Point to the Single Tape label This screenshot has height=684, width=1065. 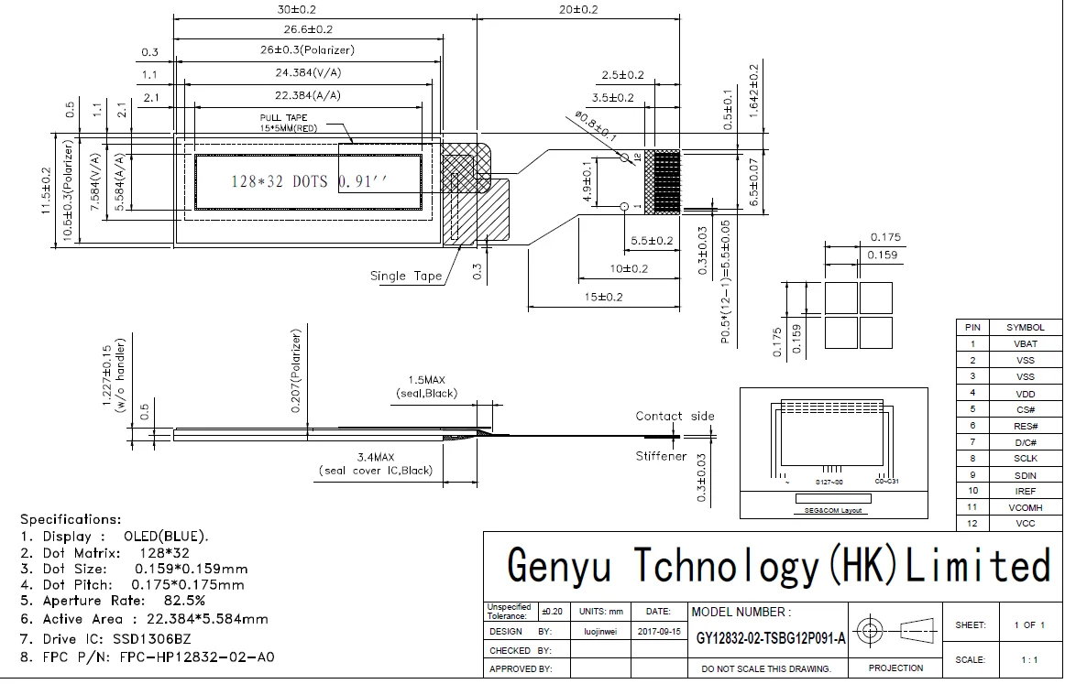pos(406,276)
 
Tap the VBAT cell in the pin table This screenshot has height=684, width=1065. pos(1026,343)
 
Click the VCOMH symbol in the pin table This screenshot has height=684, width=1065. pos(1026,506)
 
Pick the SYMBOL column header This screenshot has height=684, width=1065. pos(1026,327)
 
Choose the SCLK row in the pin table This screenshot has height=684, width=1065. pos(1026,458)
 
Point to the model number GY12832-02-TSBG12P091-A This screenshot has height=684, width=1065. pos(771,638)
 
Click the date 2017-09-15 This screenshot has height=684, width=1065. pos(658,631)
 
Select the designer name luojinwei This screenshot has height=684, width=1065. pos(600,631)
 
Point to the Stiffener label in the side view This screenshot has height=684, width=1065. pos(661,456)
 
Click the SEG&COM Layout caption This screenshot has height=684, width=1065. pos(832,510)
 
